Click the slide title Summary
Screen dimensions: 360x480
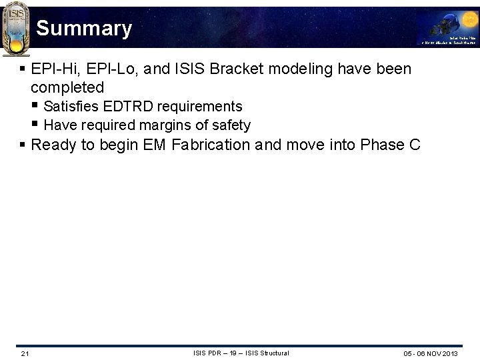coord(84,29)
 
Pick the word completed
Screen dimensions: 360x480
coord(67,87)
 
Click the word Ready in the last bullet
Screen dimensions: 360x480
coord(53,145)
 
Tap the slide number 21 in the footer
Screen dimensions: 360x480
coord(25,353)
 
